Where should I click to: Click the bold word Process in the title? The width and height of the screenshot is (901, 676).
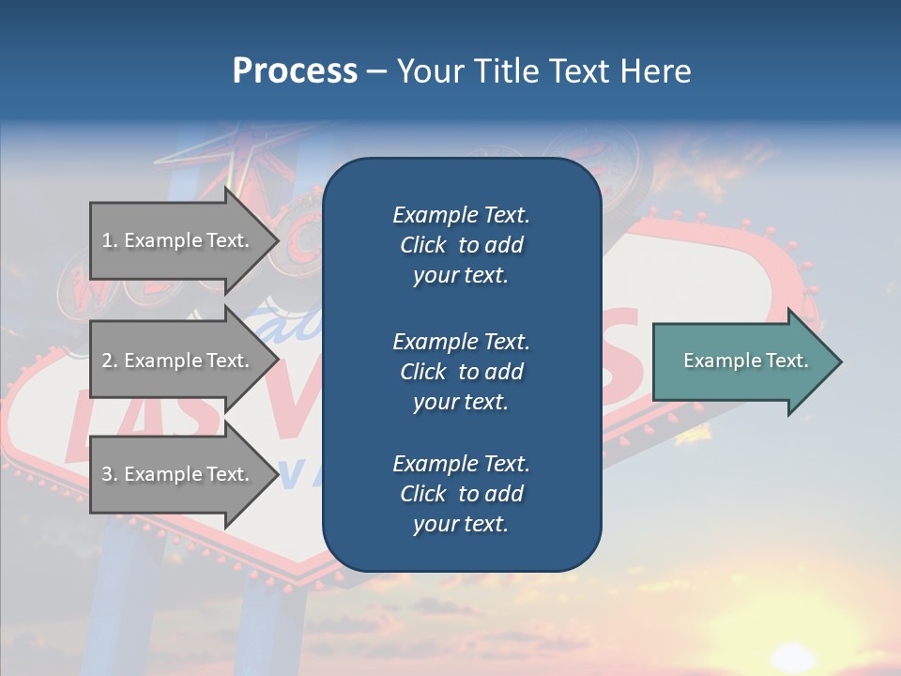pos(295,71)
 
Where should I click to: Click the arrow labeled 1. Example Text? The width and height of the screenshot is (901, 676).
pos(178,240)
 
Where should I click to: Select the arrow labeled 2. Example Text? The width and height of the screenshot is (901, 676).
pos(178,361)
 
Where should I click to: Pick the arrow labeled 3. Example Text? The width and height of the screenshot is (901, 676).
pos(178,474)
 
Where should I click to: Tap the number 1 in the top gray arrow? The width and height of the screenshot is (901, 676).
pos(107,240)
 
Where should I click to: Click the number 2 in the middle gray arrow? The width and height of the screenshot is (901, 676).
pos(107,361)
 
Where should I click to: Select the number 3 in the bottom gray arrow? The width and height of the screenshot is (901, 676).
pos(107,474)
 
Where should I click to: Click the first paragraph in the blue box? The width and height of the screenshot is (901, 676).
pos(461,245)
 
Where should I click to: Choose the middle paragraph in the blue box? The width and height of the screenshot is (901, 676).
pos(461,371)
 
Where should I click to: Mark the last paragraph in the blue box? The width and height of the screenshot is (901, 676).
pos(461,494)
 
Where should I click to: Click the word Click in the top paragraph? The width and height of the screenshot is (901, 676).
pos(422,245)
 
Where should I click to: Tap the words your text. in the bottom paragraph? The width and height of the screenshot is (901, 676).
pos(461,524)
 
